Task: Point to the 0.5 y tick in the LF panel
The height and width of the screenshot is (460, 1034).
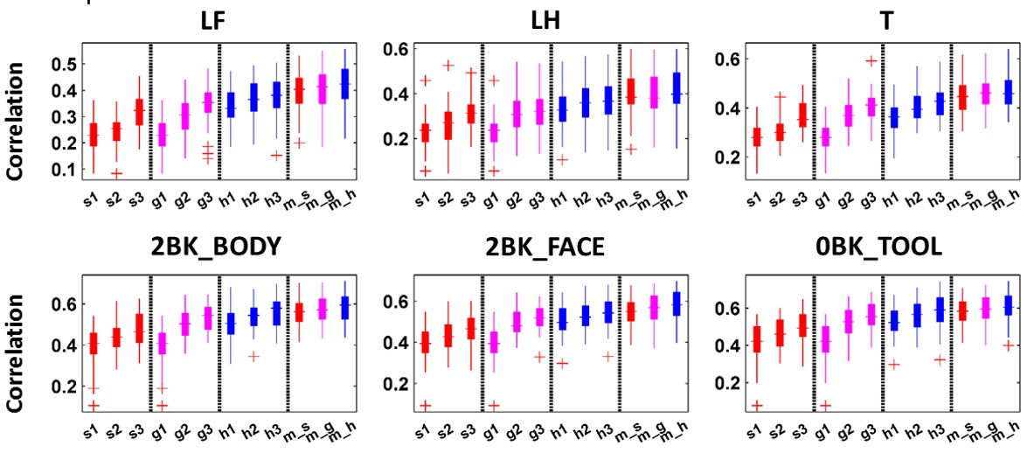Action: point(62,65)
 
